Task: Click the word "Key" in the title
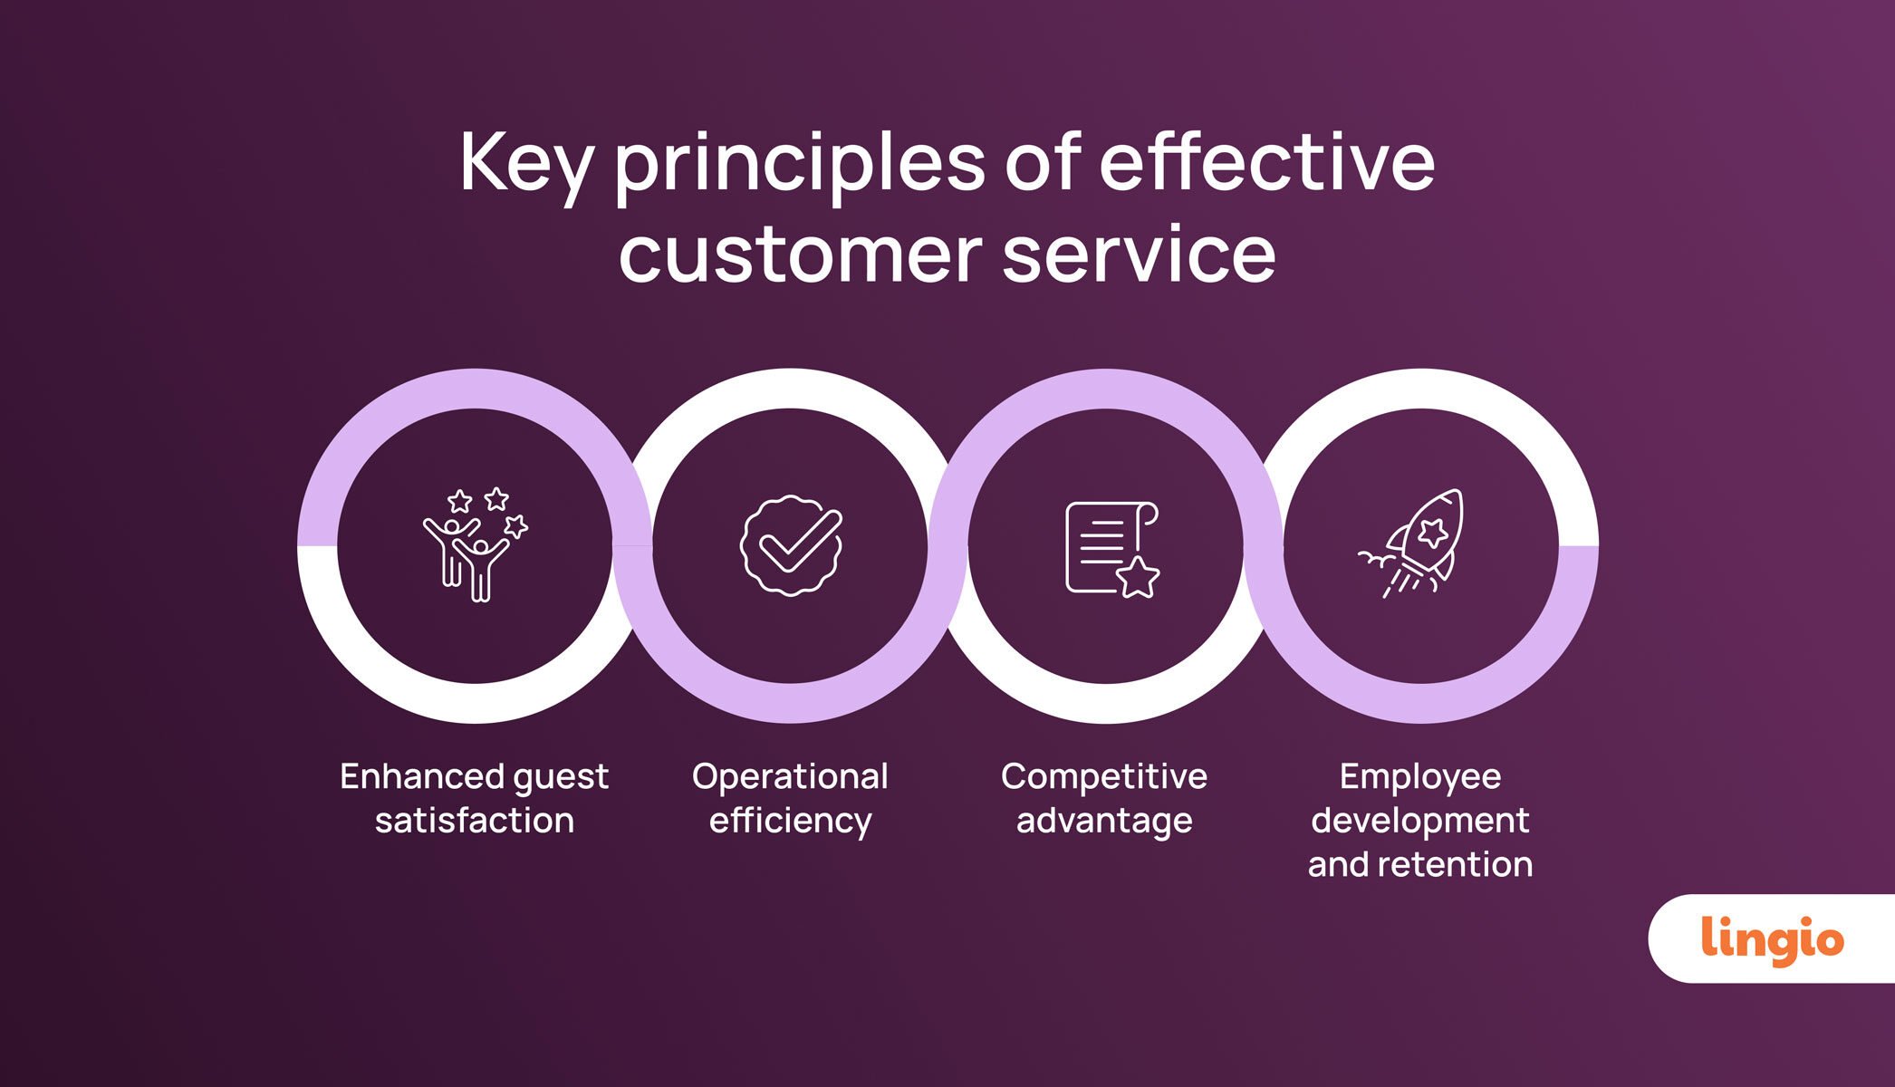(526, 165)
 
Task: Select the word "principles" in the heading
(800, 165)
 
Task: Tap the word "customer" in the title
(801, 255)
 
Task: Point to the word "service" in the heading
(1139, 255)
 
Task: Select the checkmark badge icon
(791, 545)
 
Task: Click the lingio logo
(1772, 939)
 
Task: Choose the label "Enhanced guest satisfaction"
(475, 798)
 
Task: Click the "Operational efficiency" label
(790, 798)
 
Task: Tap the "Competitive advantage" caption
(1104, 798)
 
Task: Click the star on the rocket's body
(1432, 532)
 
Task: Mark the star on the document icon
(1138, 577)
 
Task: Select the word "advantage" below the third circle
(1104, 822)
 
